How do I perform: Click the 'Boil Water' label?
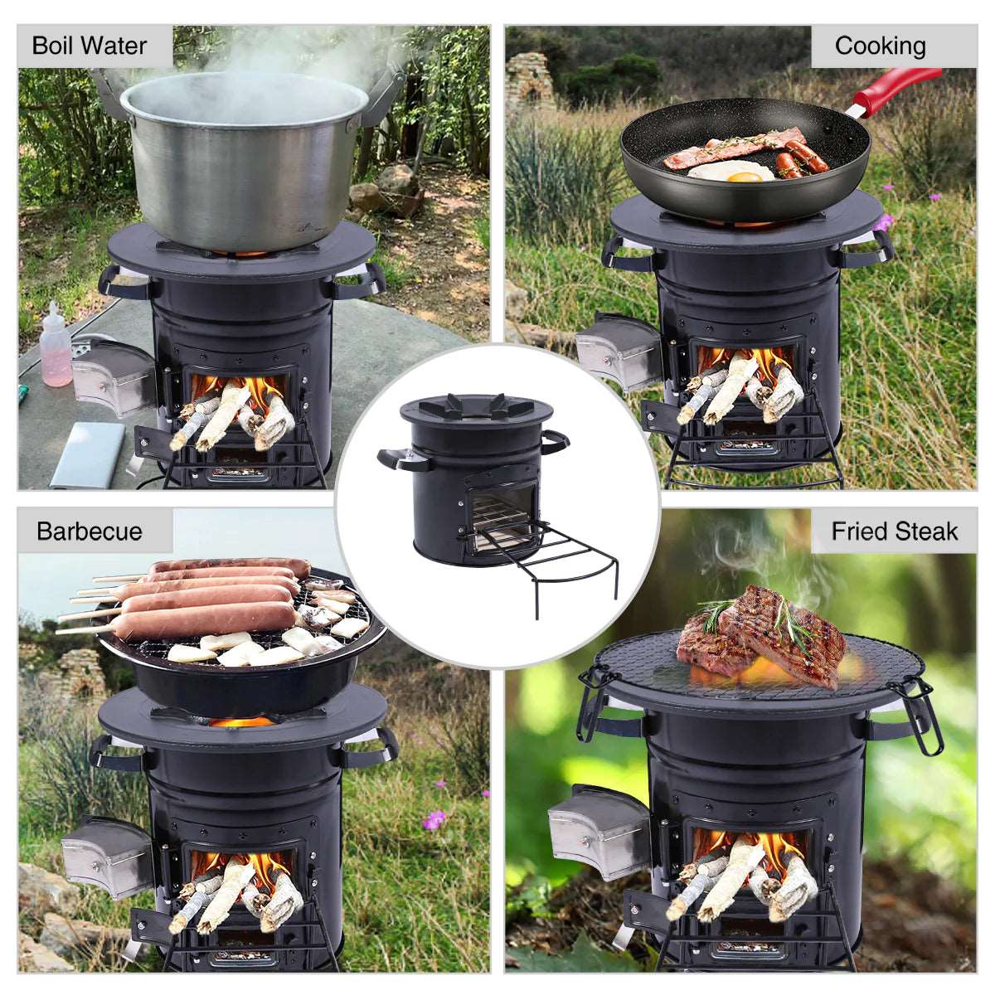90,46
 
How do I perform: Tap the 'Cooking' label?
880,46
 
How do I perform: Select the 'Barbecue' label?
90,531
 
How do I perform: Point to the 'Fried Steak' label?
894,531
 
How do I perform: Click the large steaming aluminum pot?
245,158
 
